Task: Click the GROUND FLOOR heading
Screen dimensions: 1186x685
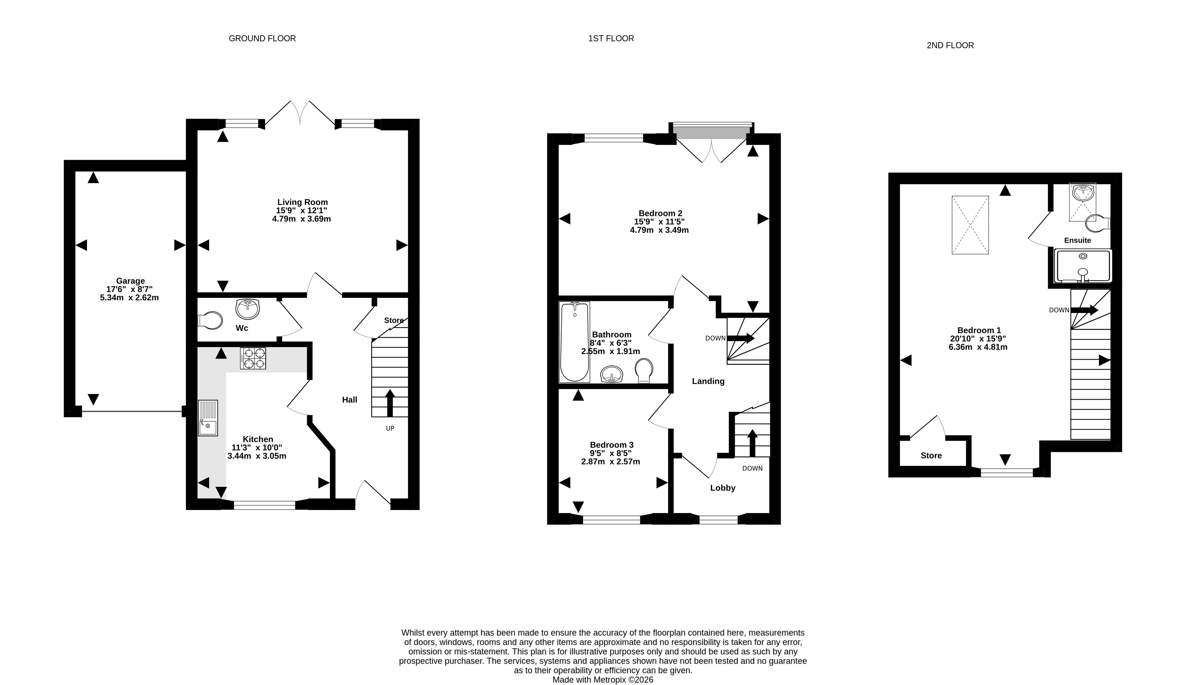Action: pos(262,39)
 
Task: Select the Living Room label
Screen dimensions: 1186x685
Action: pos(302,202)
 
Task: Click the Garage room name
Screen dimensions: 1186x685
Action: pos(130,281)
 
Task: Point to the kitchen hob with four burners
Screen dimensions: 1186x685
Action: pos(253,358)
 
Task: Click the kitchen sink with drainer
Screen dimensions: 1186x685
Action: pos(208,418)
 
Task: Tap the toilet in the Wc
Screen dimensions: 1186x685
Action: pos(210,321)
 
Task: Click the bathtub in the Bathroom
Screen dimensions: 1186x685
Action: pos(574,342)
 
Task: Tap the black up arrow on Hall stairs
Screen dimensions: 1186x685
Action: pos(389,403)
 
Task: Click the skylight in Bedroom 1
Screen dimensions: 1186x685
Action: pos(970,225)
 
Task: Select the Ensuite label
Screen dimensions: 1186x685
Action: pos(1077,240)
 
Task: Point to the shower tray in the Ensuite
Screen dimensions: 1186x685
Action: pos(1083,266)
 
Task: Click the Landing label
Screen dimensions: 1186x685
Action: pos(708,381)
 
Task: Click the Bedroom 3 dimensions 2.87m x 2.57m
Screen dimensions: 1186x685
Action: pos(611,462)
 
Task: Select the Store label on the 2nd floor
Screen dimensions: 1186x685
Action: pos(931,456)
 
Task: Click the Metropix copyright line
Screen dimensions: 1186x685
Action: pos(603,680)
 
